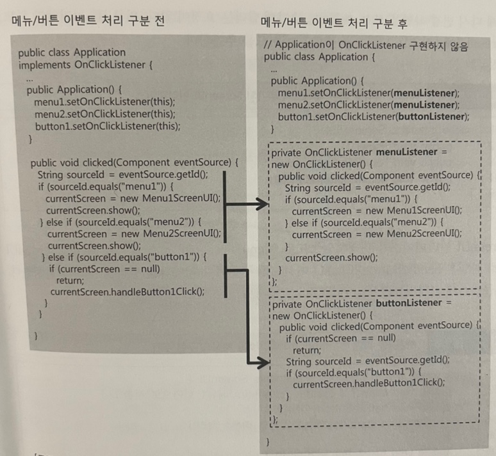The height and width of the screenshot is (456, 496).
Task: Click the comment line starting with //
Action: [367, 46]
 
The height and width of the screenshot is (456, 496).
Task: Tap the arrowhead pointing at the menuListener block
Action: [261, 203]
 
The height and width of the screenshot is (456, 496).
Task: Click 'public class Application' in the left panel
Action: [72, 52]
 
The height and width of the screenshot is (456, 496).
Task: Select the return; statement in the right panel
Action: [306, 349]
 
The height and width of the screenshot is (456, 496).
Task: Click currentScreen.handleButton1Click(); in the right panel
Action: [368, 384]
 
